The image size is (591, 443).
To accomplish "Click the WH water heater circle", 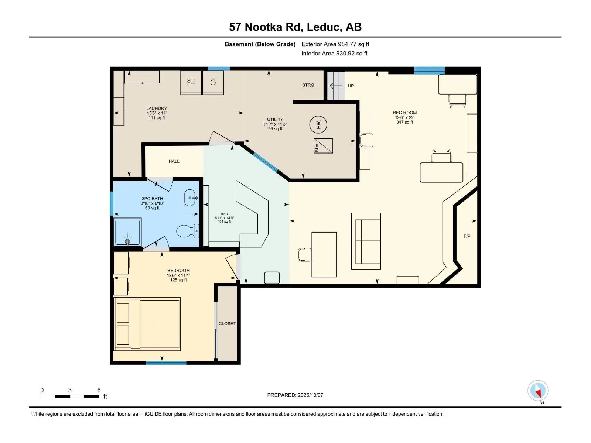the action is tap(318, 124).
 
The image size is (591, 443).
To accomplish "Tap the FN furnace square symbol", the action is tap(323, 146).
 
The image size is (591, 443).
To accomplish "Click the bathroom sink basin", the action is tap(190, 198).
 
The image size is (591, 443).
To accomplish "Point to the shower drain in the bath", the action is tap(128, 241).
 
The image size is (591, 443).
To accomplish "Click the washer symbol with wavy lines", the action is tap(191, 82).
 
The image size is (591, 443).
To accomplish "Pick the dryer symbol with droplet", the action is tap(213, 82).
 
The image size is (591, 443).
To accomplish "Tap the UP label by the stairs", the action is tap(351, 86).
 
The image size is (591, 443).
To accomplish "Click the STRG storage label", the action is tap(308, 85).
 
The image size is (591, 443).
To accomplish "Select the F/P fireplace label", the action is tap(467, 236).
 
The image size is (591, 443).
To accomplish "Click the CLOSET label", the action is tap(227, 324).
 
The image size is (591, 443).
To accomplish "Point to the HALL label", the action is tap(174, 161).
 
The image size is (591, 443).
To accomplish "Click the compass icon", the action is tap(538, 390).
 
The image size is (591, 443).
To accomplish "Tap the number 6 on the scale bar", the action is tap(99, 390).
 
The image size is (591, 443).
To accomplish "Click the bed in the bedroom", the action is tap(147, 324).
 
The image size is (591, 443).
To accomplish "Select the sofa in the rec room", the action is tap(366, 241).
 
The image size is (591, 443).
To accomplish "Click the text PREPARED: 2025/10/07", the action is tap(295, 395).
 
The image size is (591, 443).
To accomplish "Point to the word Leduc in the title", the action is tap(324, 27).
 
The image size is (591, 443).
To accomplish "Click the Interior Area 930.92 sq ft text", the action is tap(334, 53).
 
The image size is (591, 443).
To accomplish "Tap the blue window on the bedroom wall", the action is tap(166, 363).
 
